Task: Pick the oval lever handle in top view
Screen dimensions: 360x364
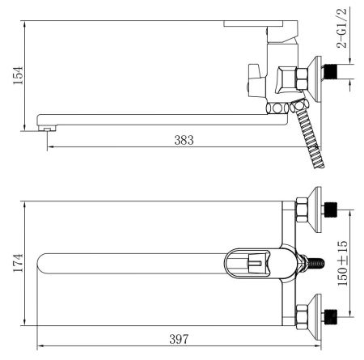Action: click(x=252, y=262)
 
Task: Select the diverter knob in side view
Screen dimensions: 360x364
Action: click(x=250, y=83)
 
